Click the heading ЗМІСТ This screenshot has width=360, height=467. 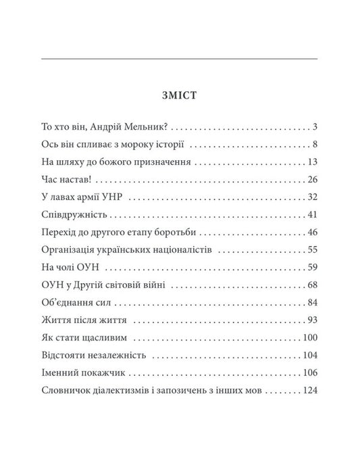179,95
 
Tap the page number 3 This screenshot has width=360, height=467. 315,126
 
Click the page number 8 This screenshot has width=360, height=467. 315,145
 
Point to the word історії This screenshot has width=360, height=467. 168,145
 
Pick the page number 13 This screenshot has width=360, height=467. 312,162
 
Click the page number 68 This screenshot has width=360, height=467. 312,285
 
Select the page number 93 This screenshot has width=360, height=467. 312,320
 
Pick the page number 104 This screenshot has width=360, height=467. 309,355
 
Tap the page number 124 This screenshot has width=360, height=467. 309,391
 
